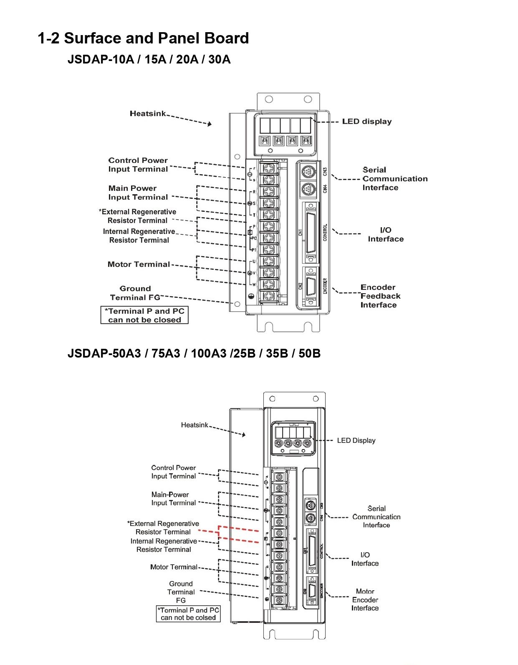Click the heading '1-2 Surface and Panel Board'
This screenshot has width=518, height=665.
point(143,38)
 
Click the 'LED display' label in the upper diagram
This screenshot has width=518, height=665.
point(366,122)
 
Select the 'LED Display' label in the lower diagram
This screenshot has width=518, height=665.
point(356,441)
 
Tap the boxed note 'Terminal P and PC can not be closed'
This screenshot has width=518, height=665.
point(144,315)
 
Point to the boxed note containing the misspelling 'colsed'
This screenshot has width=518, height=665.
point(188,614)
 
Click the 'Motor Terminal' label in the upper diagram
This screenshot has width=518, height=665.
point(139,264)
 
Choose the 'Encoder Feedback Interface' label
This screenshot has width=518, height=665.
point(380,296)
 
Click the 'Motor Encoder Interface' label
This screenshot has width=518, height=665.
point(365,600)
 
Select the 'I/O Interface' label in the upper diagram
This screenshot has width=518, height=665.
point(385,234)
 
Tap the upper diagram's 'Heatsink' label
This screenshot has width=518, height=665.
point(148,114)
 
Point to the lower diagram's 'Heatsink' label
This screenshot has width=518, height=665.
point(194,425)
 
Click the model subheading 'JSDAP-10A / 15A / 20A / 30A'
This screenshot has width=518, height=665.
point(149,59)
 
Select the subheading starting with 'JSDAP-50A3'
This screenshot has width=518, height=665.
point(194,354)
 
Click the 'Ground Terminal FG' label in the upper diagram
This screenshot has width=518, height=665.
point(135,293)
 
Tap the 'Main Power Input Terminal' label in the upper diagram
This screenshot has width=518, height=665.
point(138,193)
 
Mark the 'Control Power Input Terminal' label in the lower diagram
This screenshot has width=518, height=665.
point(173,472)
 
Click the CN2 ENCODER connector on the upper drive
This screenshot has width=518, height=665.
point(311,287)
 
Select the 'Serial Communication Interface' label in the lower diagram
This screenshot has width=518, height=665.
point(376,517)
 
